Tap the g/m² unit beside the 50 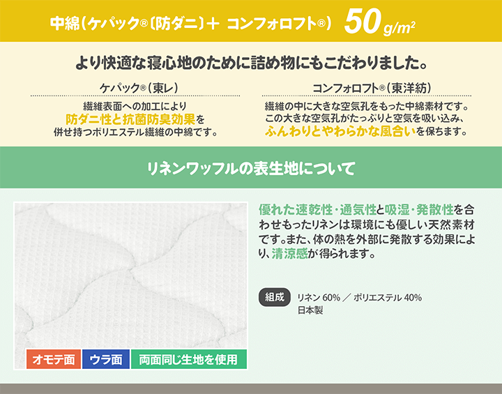(399, 28)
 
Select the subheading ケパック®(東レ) (139, 87)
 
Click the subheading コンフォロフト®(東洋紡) (372, 87)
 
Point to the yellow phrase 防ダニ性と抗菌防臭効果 (130, 119)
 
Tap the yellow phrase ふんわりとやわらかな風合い (340, 131)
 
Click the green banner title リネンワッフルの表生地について (251, 168)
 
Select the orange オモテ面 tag (54, 359)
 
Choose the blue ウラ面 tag (106, 359)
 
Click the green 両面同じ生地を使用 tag (189, 359)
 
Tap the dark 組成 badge (275, 297)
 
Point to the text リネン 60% (319, 298)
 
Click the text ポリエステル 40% (388, 298)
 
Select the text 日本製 (310, 310)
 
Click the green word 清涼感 (289, 253)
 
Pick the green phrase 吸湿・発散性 (419, 210)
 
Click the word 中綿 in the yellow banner (64, 23)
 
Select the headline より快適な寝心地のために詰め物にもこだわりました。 (251, 63)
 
